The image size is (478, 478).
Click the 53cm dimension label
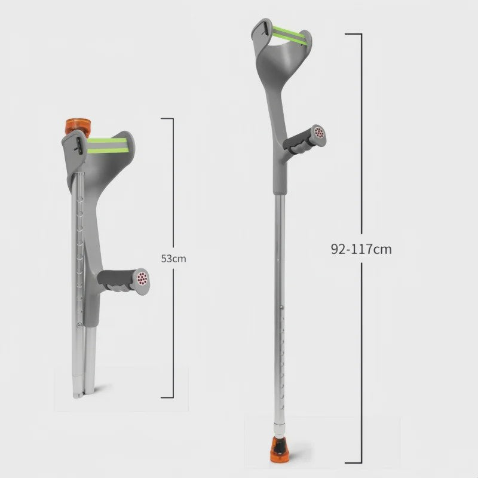173,259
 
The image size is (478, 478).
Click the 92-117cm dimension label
361,249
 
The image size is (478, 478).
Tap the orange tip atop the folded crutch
79,127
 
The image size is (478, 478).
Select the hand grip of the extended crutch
304,140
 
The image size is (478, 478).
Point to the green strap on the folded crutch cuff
107,145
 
